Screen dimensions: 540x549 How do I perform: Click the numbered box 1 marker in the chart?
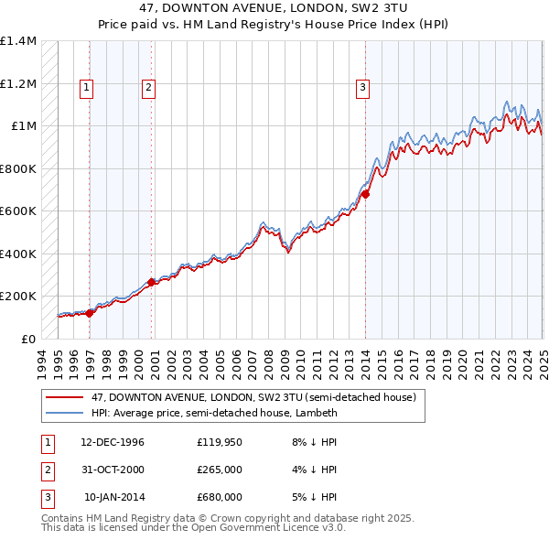pyautogui.click(x=85, y=88)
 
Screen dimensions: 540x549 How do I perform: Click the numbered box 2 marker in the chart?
pyautogui.click(x=147, y=88)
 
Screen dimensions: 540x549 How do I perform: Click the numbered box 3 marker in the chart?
pyautogui.click(x=362, y=88)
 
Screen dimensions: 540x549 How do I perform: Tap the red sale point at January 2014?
pyautogui.click(x=365, y=194)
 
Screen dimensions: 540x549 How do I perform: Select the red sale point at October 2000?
pyautogui.click(x=152, y=282)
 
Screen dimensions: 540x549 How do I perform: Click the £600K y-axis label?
pyautogui.click(x=18, y=211)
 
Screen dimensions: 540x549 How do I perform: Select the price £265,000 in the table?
pyautogui.click(x=219, y=470)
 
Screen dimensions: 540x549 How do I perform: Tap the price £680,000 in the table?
pyautogui.click(x=219, y=497)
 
